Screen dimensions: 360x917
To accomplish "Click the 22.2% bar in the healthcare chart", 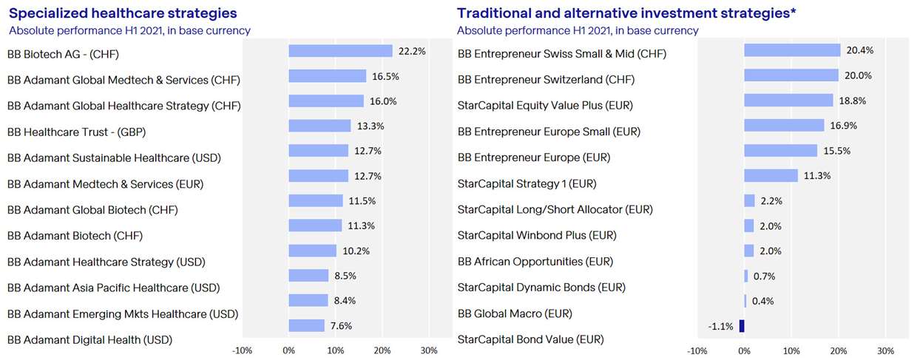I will (x=340, y=51).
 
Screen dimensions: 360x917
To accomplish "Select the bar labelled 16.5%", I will (x=327, y=76).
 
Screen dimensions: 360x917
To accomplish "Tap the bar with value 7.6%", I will (x=306, y=325).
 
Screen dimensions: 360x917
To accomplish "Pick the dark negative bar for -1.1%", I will (x=741, y=325).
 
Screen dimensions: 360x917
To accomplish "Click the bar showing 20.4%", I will (x=792, y=50).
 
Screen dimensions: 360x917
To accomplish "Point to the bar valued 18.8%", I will (x=788, y=100).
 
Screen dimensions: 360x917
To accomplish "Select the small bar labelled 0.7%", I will (x=745, y=276).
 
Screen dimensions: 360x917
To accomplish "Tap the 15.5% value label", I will (x=836, y=151).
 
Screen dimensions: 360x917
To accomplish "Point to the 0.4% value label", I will (x=762, y=302).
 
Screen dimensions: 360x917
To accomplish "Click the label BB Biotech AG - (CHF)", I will (x=63, y=54).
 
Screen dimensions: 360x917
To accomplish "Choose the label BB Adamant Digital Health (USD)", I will (x=89, y=340).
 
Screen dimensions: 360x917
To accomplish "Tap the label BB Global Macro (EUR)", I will (x=515, y=313).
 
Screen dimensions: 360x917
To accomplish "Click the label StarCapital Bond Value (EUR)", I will (x=530, y=339).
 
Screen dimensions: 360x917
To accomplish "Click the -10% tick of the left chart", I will (x=242, y=350).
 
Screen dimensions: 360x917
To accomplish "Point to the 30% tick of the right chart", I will (x=885, y=350).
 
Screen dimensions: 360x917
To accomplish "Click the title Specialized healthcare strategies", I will (x=123, y=13).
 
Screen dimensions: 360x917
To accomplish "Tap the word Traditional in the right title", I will (x=491, y=13).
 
